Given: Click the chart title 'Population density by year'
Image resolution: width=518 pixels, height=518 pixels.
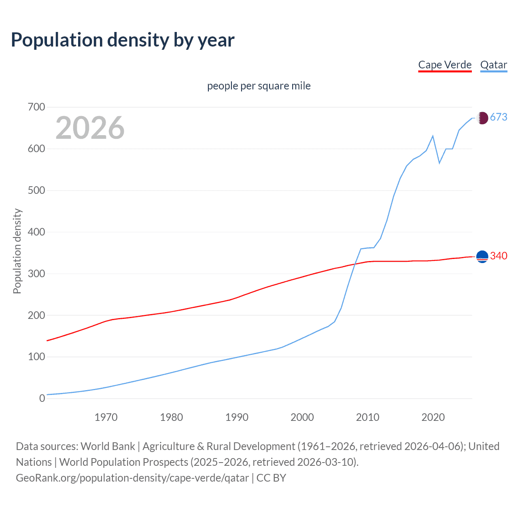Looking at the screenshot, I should click(x=123, y=40).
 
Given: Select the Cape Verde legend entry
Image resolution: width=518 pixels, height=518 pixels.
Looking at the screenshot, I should click(x=445, y=65).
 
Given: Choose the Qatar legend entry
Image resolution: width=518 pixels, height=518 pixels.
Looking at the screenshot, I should click(x=493, y=65).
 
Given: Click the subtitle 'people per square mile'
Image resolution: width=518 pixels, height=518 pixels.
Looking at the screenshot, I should click(x=259, y=86).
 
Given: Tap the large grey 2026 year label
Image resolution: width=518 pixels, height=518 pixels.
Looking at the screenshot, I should click(x=90, y=127).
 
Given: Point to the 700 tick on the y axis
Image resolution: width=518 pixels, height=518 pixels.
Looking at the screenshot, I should click(x=36, y=107).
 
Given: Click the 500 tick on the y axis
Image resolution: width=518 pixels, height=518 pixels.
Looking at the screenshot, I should click(x=36, y=190).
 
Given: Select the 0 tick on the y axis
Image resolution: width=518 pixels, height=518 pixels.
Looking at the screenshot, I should click(x=42, y=398).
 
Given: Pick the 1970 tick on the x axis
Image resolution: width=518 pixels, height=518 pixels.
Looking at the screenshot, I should click(x=106, y=417).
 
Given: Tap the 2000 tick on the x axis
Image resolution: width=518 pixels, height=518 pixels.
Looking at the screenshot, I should click(x=302, y=417).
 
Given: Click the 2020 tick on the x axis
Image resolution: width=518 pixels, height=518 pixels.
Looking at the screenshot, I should click(x=433, y=417).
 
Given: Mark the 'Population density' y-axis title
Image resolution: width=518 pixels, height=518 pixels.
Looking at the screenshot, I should click(x=17, y=251).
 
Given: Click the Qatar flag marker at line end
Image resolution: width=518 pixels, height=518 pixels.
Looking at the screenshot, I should click(x=482, y=118).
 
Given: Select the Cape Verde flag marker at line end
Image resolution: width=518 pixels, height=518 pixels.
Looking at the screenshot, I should click(x=482, y=257).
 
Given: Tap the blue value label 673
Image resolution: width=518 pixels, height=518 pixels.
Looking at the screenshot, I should click(x=499, y=117).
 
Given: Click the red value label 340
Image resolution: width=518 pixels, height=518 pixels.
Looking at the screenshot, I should click(x=499, y=256).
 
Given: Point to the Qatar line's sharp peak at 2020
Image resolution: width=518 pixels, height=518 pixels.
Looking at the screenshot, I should click(x=433, y=136).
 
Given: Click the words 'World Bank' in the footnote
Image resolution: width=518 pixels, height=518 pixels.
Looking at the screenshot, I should click(x=108, y=446).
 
